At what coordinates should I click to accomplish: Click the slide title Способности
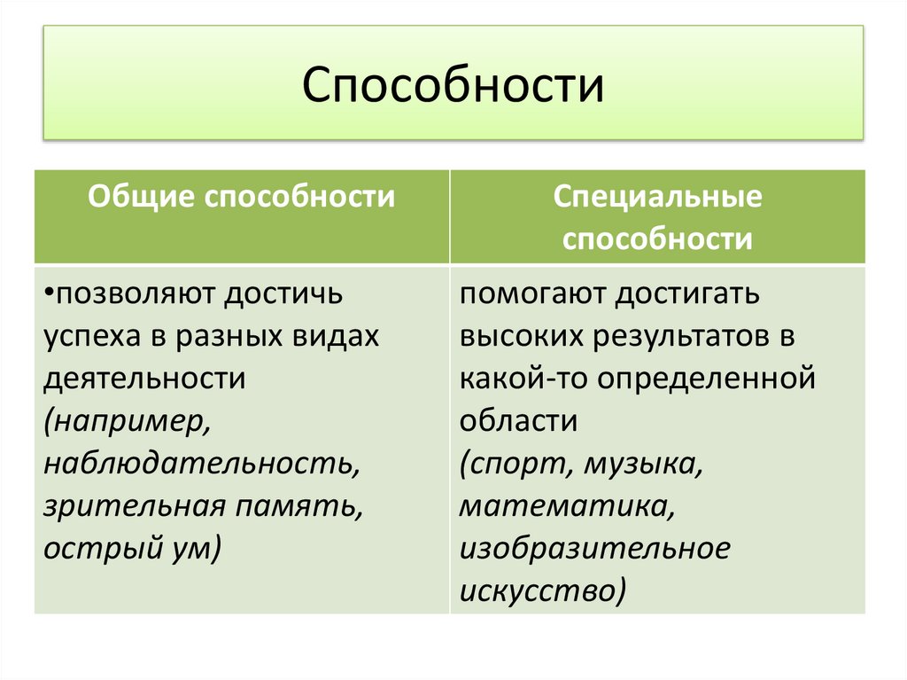[453, 87]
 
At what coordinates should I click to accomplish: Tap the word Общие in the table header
[143, 197]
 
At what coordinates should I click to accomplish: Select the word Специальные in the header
[657, 197]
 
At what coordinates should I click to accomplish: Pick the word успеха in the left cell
[85, 337]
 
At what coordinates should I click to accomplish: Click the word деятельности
[143, 379]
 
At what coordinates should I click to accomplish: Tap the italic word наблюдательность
[201, 464]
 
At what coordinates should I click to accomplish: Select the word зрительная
[132, 506]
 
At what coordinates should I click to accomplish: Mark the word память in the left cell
[298, 506]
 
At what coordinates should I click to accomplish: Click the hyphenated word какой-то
[523, 379]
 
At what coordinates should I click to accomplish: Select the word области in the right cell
[518, 422]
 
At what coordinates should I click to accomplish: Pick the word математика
[563, 506]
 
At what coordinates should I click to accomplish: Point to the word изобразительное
[594, 549]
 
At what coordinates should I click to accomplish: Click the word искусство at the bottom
[540, 591]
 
